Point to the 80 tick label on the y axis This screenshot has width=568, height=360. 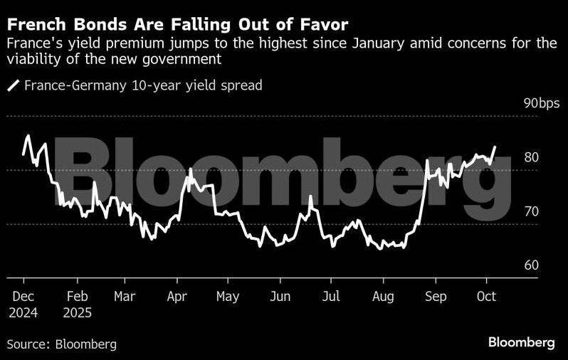(x=531, y=157)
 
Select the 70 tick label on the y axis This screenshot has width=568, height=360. (x=531, y=211)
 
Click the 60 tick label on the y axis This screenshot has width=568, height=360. (x=531, y=265)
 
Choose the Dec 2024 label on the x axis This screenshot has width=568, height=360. (x=23, y=304)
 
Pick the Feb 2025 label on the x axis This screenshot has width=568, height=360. (x=77, y=304)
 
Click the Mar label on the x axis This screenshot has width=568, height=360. (x=124, y=296)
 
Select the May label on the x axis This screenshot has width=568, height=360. (x=228, y=296)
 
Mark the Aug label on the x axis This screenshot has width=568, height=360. (x=383, y=296)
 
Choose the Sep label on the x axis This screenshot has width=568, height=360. (x=436, y=296)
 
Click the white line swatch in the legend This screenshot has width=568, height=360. (x=14, y=86)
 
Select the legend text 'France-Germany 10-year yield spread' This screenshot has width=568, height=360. (x=143, y=86)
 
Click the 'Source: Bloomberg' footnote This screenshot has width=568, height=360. (x=62, y=344)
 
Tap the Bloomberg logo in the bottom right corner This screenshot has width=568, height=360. (x=522, y=342)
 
